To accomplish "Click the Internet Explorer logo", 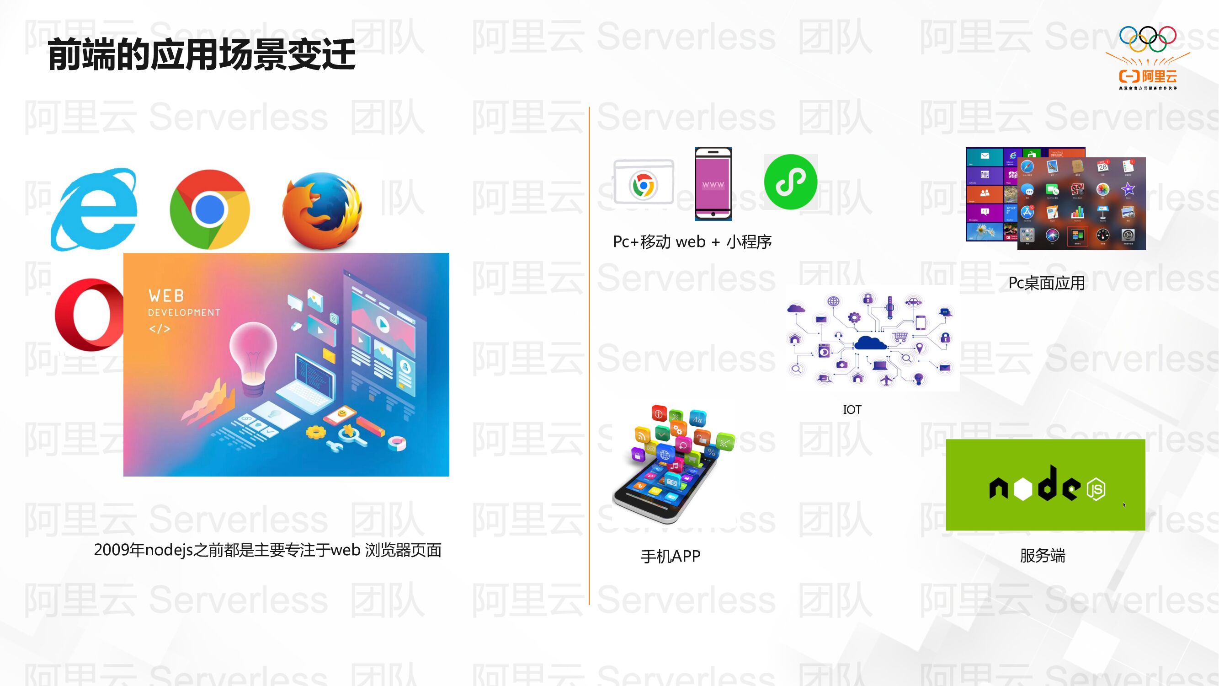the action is click(95, 209).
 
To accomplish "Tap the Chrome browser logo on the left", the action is click(210, 209).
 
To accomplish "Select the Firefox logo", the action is click(322, 211).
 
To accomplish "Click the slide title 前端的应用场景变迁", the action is click(201, 55).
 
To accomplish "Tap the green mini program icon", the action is click(790, 182).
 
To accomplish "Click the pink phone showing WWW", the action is click(713, 184).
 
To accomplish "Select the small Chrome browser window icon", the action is click(644, 182).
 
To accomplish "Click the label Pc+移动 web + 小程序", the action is click(692, 242).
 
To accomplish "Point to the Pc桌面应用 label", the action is click(1046, 283).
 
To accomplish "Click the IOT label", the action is click(852, 409).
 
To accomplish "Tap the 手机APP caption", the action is click(671, 556).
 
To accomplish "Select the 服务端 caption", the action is click(1043, 555).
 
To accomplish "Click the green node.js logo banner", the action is click(1045, 484).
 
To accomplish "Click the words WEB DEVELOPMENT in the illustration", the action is click(184, 303).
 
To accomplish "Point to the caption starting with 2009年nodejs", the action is click(267, 550).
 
